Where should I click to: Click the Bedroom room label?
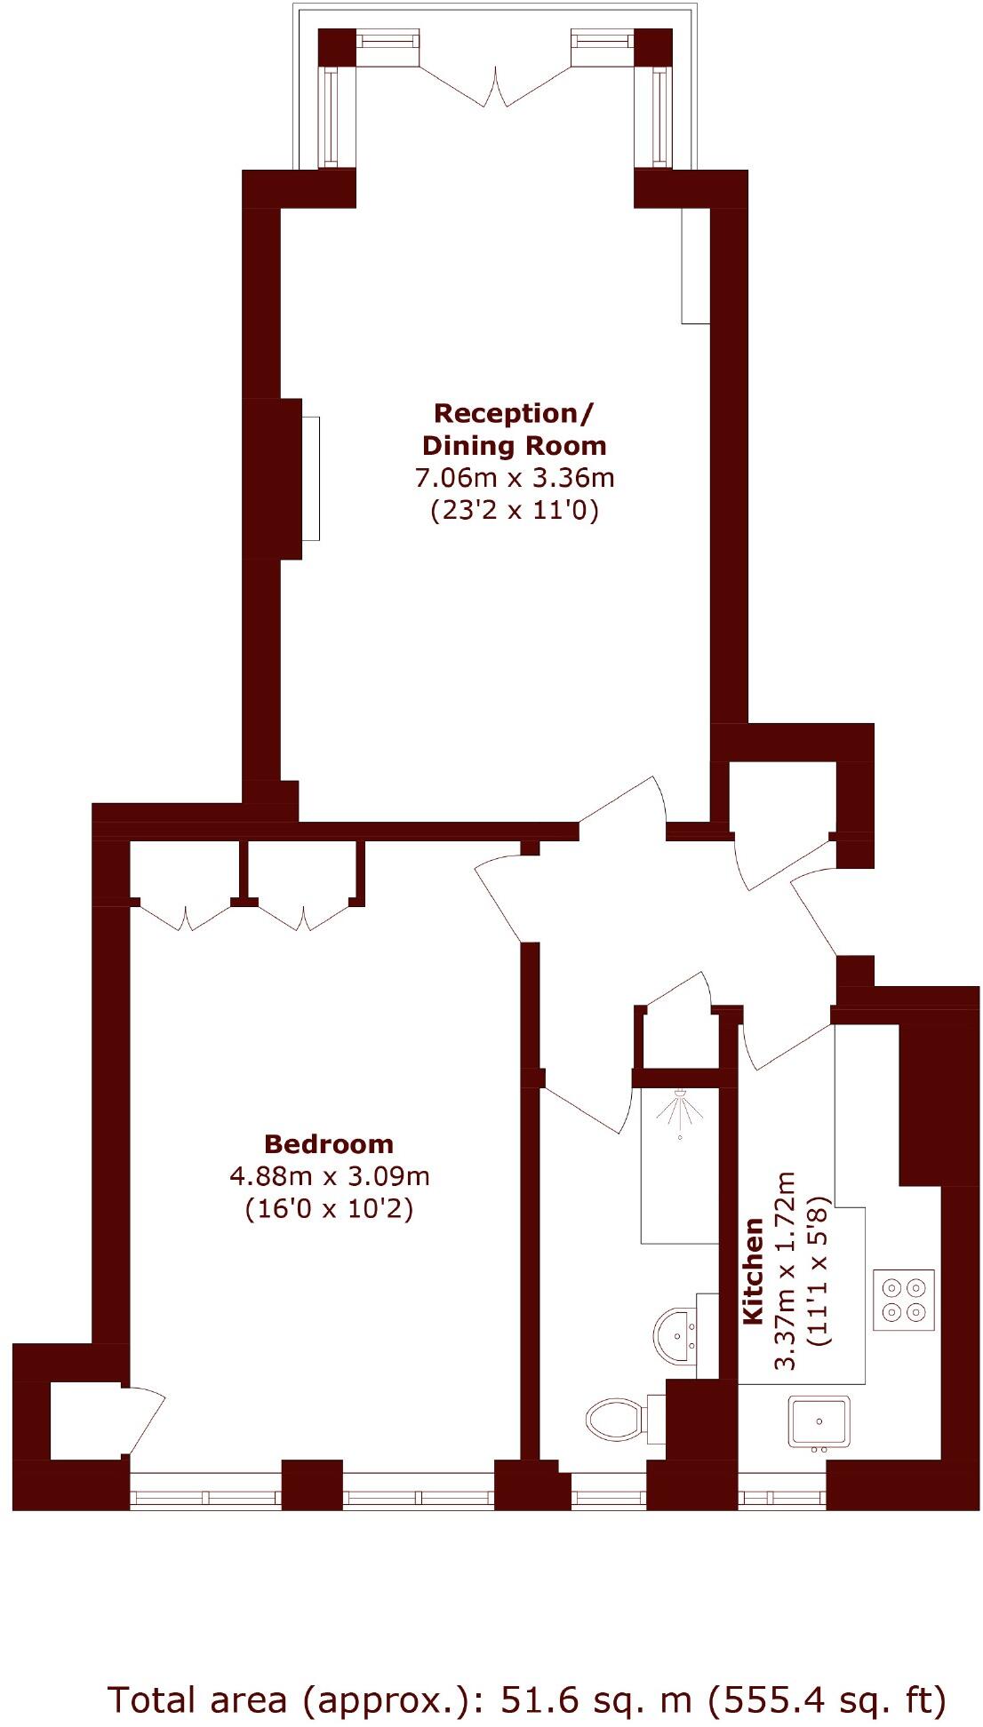[x=328, y=1143]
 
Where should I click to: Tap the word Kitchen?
[x=753, y=1270]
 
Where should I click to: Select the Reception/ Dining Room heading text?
[x=514, y=429]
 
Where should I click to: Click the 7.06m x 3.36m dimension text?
[x=515, y=478]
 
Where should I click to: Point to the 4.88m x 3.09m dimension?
[x=329, y=1176]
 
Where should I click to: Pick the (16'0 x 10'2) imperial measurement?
[x=329, y=1208]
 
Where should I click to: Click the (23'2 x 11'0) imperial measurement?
[x=515, y=510]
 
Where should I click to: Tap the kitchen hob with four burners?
[x=904, y=1300]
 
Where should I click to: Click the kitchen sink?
[x=819, y=1421]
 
